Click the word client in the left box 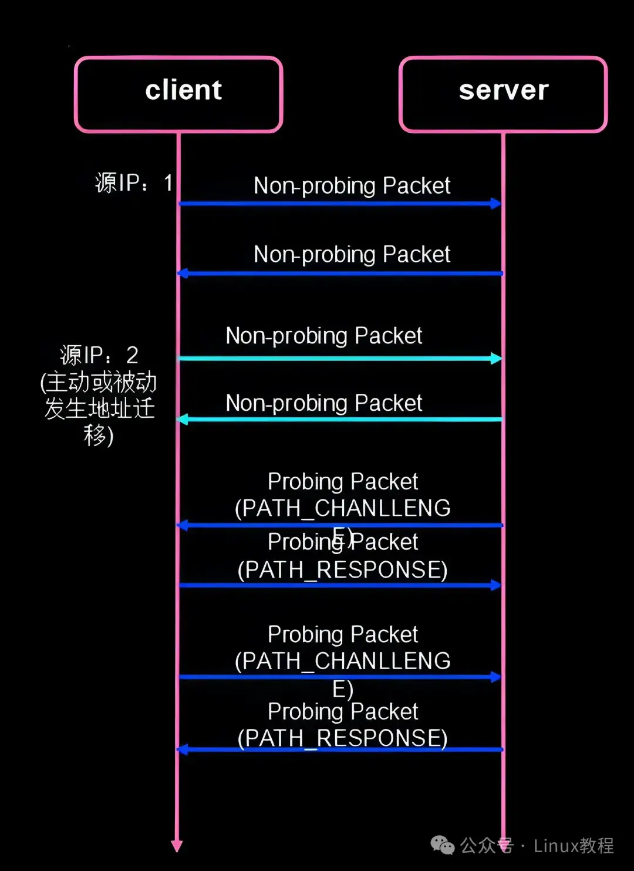(184, 90)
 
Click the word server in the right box (504, 90)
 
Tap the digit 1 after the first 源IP (168, 183)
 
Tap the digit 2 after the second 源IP (132, 355)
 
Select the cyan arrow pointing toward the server (339, 358)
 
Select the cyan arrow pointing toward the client (339, 419)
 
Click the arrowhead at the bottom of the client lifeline (177, 846)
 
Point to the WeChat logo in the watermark (443, 845)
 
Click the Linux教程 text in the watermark (574, 846)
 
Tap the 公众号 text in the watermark (487, 846)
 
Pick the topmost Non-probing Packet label (352, 185)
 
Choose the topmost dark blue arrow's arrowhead (496, 204)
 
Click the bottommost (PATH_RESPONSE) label (342, 738)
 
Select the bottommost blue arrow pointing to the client (339, 750)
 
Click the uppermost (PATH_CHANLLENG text (342, 508)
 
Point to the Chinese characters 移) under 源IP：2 (99, 435)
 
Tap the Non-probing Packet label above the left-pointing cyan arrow (324, 403)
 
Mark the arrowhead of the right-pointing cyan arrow (497, 358)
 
